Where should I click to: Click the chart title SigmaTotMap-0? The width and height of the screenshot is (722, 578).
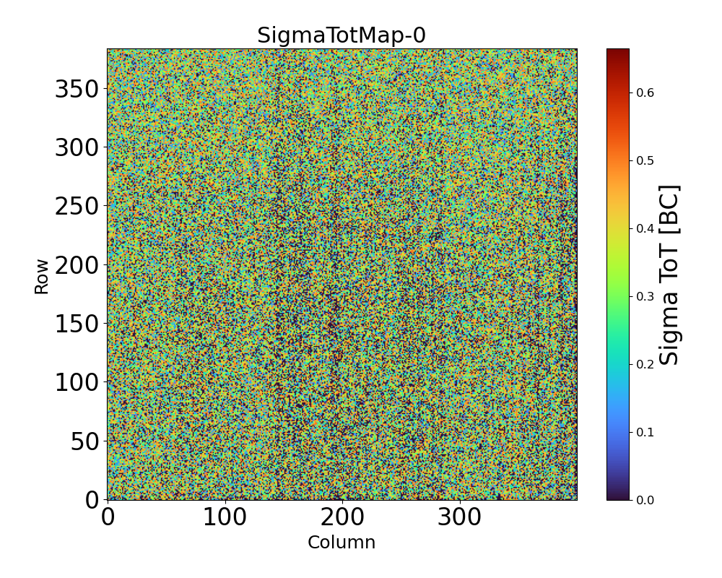click(x=342, y=35)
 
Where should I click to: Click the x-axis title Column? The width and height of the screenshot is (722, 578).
click(x=342, y=543)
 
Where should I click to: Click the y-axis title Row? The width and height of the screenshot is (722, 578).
click(x=42, y=276)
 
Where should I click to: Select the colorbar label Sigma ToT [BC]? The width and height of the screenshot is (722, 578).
click(x=671, y=275)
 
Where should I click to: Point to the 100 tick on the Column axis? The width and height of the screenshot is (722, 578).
click(x=225, y=517)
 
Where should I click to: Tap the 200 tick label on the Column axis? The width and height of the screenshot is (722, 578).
click(x=342, y=517)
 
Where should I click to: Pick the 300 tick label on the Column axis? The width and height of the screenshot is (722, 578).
click(x=460, y=517)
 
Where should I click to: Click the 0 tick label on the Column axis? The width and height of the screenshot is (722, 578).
click(x=108, y=517)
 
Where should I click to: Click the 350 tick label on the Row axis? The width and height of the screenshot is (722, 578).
click(x=77, y=89)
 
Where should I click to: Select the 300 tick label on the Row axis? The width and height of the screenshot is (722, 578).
click(x=77, y=147)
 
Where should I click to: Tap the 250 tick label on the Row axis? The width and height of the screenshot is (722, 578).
click(x=77, y=206)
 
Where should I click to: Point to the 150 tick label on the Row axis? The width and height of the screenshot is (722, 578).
click(x=77, y=324)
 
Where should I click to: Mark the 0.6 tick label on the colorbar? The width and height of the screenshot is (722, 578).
click(x=645, y=92)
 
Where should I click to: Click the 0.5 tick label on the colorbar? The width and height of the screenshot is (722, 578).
click(x=645, y=160)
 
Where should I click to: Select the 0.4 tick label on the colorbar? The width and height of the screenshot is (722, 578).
click(x=645, y=228)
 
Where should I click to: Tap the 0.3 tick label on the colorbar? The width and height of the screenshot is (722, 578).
click(x=645, y=296)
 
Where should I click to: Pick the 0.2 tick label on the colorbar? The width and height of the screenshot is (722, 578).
click(x=645, y=364)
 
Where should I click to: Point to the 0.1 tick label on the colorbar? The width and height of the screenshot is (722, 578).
click(x=645, y=432)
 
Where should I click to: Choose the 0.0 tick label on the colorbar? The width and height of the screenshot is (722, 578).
click(x=645, y=500)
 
